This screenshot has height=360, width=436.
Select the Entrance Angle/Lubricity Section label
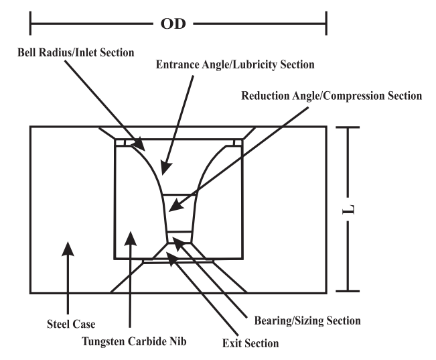click(x=235, y=66)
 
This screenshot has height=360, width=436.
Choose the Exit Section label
click(x=250, y=345)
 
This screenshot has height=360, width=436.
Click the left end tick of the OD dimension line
click(x=31, y=26)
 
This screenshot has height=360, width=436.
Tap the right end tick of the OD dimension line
click(x=326, y=26)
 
